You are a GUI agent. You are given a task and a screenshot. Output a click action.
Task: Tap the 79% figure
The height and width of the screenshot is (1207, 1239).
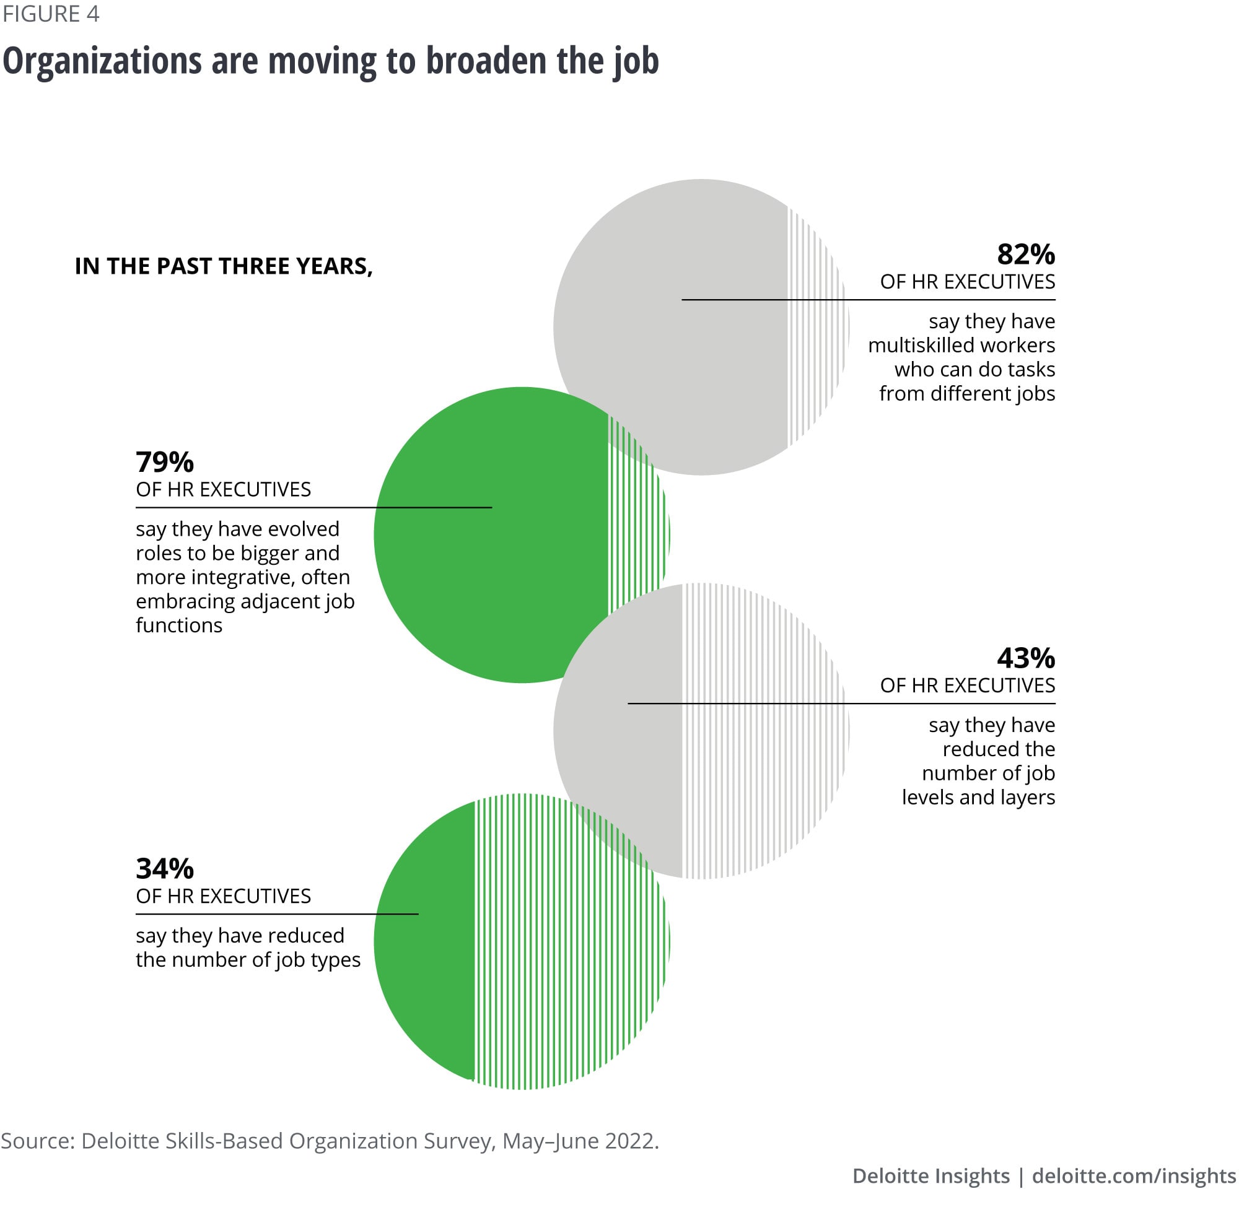tap(164, 462)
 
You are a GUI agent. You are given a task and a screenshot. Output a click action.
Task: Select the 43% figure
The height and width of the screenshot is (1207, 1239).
tap(1025, 658)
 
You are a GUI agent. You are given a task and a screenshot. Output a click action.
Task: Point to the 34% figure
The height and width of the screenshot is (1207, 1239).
tap(164, 868)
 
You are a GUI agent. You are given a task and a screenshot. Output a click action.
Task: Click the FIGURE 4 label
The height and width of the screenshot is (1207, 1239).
tap(51, 14)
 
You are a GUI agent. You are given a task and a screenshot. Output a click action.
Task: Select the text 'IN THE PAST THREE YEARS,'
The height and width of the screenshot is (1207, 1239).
tap(223, 266)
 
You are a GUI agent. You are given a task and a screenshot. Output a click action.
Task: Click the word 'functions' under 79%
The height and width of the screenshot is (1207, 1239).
tap(179, 625)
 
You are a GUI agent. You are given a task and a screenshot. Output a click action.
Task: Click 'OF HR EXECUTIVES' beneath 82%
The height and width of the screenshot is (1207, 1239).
tap(967, 281)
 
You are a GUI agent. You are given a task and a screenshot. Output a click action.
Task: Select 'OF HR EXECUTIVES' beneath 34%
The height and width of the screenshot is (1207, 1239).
tap(223, 895)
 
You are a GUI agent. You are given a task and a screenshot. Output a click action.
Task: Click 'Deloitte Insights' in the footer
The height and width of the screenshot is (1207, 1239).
tap(930, 1176)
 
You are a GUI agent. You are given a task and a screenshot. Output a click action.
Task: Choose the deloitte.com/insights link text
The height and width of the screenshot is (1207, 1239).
tap(1134, 1176)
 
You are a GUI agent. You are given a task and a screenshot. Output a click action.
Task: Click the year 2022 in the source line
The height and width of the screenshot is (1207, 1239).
tap(629, 1141)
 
